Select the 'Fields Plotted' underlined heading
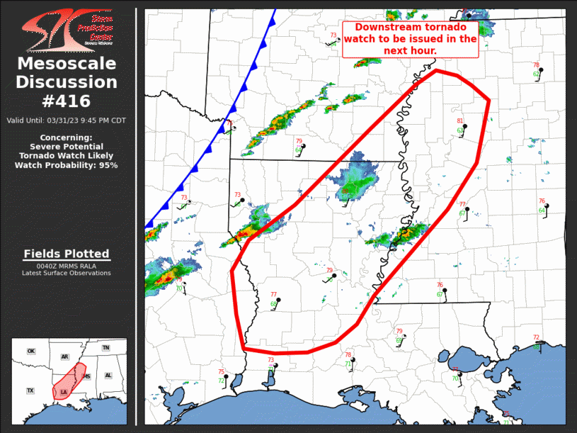point(67,254)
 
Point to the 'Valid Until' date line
point(67,120)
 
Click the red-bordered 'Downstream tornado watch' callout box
point(411,39)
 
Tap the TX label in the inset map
point(30,390)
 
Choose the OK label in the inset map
point(31,352)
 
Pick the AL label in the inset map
point(108,376)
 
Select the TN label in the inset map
point(106,348)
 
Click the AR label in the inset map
point(65,357)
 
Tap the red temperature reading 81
point(460,121)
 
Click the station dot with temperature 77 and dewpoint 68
point(279,300)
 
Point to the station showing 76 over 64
point(546,206)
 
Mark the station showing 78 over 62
point(540,69)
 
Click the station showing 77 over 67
point(467,209)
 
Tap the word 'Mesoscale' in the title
point(67,64)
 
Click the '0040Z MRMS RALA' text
point(67,266)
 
